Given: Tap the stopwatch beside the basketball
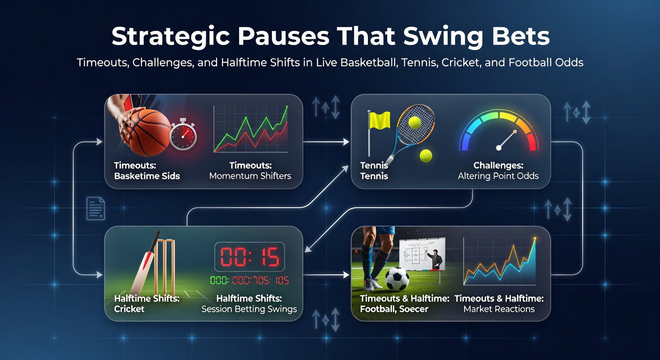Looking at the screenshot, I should tap(183, 135).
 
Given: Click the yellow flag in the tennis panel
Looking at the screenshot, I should tap(379, 120).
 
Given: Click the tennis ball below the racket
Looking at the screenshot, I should tap(426, 156).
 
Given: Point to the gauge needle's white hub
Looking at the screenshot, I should tap(498, 148).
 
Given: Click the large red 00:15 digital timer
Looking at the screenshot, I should tap(249, 257).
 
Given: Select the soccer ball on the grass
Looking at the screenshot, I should tap(397, 278).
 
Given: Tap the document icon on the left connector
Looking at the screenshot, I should tap(96, 209).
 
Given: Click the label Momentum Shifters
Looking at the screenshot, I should tap(250, 176).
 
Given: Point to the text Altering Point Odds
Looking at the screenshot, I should tap(498, 176).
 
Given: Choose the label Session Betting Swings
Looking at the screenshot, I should tap(249, 309).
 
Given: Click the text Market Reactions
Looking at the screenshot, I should tap(499, 309).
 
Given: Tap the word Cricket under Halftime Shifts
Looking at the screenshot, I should tap(129, 309).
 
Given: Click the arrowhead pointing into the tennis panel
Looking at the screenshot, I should tap(347, 141).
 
